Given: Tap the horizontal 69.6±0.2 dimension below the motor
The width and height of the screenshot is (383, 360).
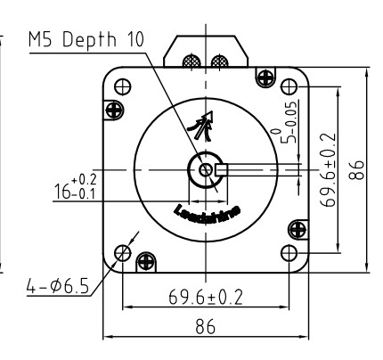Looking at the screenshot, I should pos(206,294).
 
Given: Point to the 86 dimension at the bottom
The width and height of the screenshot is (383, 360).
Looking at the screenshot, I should pos(206,327).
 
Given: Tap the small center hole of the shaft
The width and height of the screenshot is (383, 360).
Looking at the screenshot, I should pos(207,169).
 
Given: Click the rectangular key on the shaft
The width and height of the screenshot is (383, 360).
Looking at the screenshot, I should pos(224,169).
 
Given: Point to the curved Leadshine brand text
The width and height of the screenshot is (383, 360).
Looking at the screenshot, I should pos(206,217).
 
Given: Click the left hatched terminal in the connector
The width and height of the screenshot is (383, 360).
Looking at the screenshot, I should pos(189,61).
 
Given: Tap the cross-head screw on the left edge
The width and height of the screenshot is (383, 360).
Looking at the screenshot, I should pos(114,110).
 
